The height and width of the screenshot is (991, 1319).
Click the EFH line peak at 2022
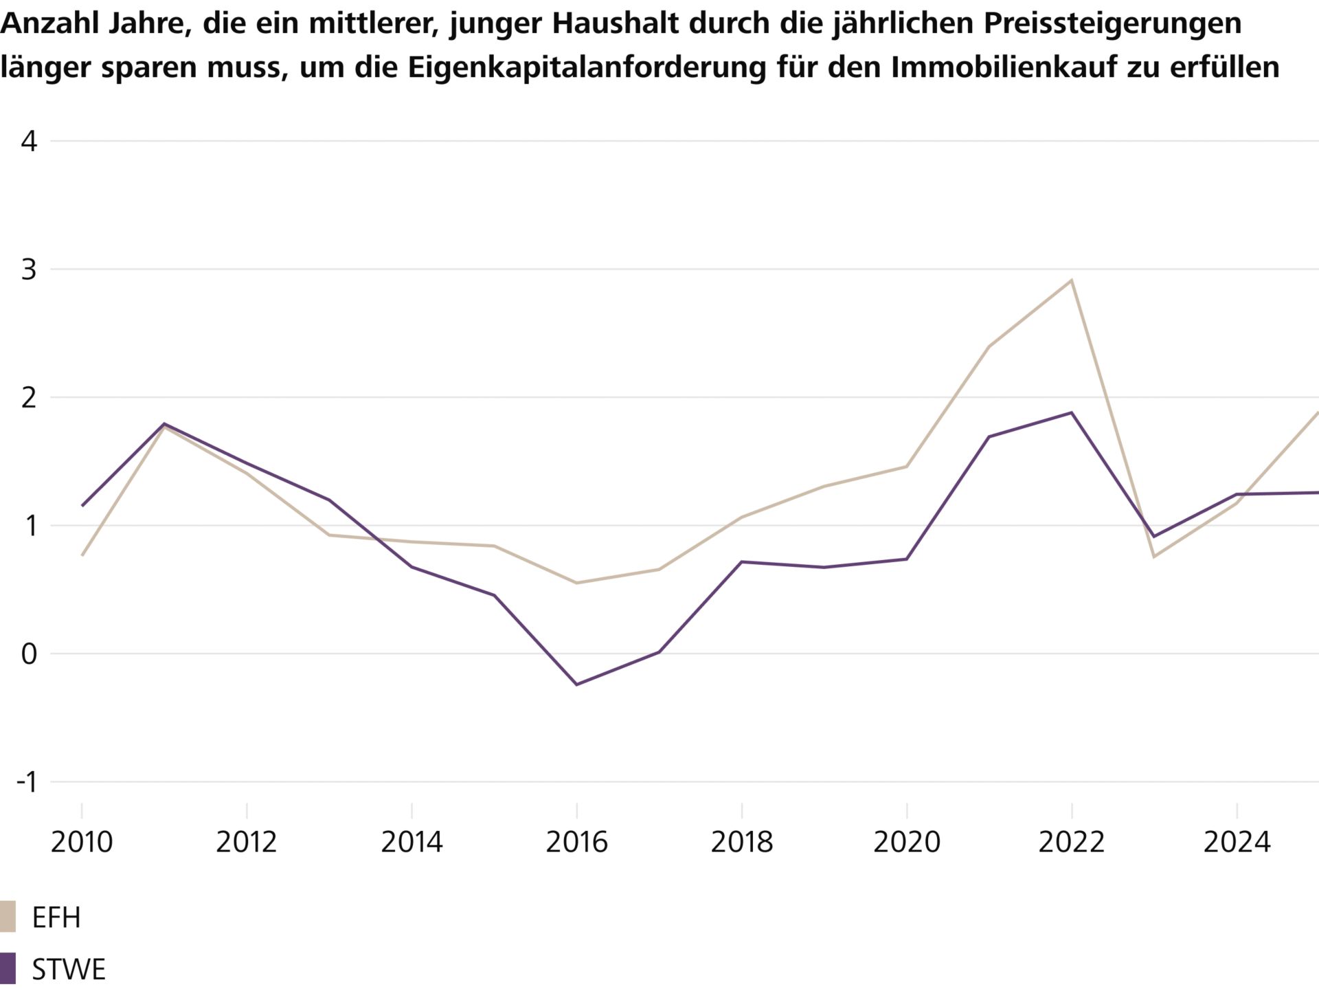(1071, 280)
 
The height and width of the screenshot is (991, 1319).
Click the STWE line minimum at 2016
(576, 684)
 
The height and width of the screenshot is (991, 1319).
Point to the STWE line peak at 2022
(1071, 413)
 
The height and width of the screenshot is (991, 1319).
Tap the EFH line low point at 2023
(1153, 557)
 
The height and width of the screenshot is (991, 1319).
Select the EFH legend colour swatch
(8, 917)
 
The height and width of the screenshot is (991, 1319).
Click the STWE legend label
(69, 969)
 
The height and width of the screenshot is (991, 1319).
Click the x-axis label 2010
(82, 842)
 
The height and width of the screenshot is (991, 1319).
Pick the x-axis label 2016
(576, 842)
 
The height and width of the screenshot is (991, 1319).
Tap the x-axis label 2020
(906, 842)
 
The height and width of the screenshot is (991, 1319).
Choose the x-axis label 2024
(1236, 842)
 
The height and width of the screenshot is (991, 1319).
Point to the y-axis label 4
(29, 142)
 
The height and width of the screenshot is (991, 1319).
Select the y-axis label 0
(29, 654)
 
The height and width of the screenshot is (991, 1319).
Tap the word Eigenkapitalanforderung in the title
(587, 67)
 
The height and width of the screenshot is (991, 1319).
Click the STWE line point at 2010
(82, 506)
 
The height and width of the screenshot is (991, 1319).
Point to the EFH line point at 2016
(576, 583)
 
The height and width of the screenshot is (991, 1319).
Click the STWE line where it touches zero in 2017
(659, 652)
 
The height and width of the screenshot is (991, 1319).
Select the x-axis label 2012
(247, 842)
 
